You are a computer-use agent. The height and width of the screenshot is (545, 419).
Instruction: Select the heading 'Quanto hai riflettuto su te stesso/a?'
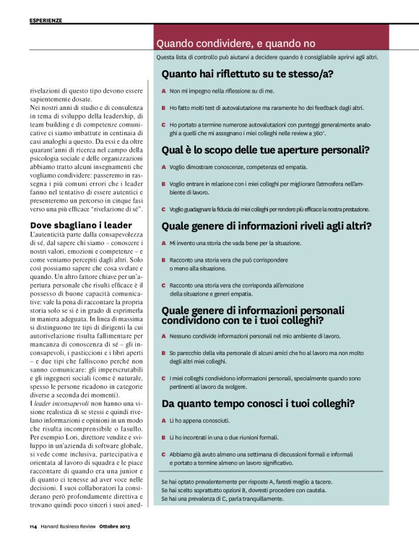247,74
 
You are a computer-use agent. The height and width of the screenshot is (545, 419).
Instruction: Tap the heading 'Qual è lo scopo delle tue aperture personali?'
266,150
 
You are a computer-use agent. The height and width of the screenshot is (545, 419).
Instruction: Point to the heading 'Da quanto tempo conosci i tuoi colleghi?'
257,403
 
